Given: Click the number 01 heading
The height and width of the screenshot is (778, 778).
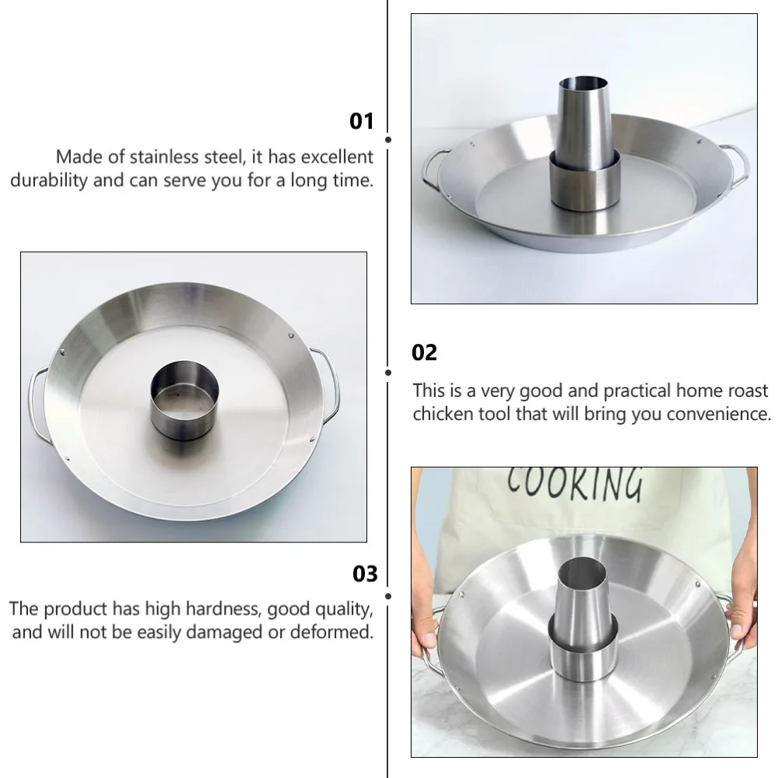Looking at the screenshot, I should point(362,121).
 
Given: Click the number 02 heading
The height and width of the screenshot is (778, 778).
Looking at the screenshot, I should point(425,352).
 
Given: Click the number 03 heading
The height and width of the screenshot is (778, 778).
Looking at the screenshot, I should point(365,574).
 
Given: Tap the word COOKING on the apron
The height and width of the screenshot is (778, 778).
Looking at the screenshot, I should point(575,483).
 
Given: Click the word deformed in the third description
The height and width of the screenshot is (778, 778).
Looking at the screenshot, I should point(331,632).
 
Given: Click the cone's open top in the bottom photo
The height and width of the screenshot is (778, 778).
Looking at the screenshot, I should point(582,572).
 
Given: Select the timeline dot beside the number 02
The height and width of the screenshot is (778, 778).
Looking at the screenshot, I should point(388,373).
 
